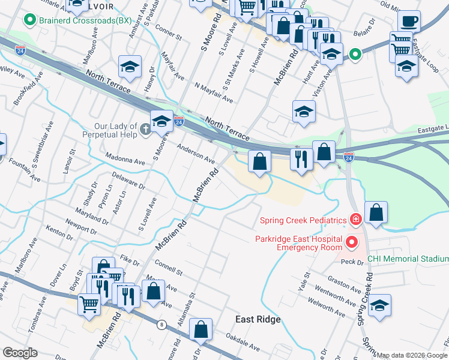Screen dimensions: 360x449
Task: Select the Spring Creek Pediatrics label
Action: [x=303, y=220]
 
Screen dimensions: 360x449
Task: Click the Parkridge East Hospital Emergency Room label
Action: [x=298, y=243]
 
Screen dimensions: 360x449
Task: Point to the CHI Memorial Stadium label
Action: [x=408, y=259]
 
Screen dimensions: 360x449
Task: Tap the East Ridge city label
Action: [x=258, y=320]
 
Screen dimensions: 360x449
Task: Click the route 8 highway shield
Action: [x=161, y=325]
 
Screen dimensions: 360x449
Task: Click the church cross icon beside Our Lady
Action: [x=145, y=129]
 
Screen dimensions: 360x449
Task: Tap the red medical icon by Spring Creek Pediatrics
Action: [x=355, y=220]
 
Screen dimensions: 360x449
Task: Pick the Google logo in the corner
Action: [x=20, y=353]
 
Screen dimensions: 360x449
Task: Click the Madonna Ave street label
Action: [x=124, y=162]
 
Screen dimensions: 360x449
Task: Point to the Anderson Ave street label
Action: [x=196, y=153]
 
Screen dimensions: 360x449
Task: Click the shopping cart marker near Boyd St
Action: [x=89, y=305]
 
